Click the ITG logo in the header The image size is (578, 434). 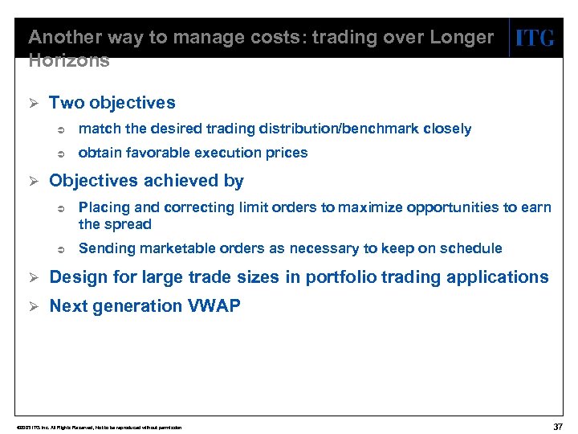pyautogui.click(x=535, y=38)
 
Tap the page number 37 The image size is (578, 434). pyautogui.click(x=558, y=426)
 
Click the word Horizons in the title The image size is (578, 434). pyautogui.click(x=68, y=60)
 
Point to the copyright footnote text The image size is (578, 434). pyautogui.click(x=93, y=427)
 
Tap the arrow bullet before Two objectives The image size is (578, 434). pyautogui.click(x=34, y=103)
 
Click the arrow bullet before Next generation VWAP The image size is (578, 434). pyautogui.click(x=34, y=306)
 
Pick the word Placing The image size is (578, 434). pyautogui.click(x=104, y=207)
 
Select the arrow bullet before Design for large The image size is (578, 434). pyautogui.click(x=34, y=277)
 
